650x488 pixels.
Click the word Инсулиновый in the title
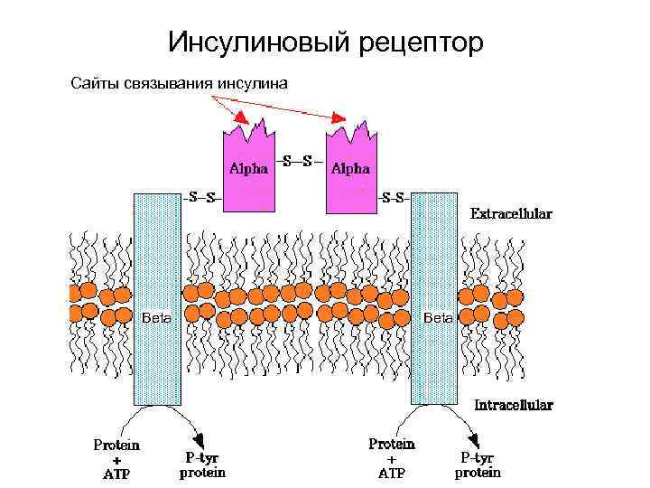[254, 42]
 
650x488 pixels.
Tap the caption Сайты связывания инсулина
[179, 84]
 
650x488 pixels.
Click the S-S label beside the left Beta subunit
[200, 196]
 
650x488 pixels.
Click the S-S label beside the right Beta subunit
[394, 196]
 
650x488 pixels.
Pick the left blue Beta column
[157, 298]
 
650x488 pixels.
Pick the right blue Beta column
[436, 298]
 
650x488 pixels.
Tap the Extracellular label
[512, 214]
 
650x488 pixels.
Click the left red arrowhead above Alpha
[240, 118]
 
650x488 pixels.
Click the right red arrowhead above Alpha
[340, 117]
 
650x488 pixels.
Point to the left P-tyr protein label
[202, 465]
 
